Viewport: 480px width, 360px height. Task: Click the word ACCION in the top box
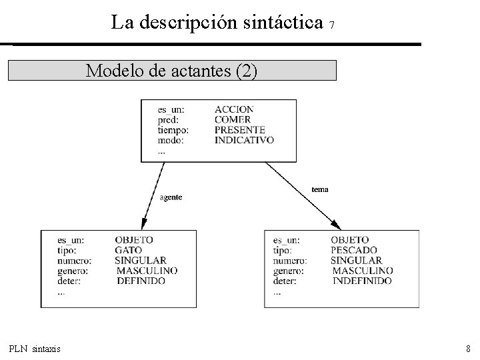pos(234,109)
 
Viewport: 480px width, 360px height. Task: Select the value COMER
pos(233,120)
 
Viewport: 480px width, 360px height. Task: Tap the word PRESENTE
pos(240,130)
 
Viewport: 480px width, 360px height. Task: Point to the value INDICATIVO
pos(244,141)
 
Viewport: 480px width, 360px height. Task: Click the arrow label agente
pos(171,197)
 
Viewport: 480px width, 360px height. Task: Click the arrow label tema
pos(320,190)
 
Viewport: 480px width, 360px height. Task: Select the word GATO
pos(129,250)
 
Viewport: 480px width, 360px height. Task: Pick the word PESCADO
pos(353,250)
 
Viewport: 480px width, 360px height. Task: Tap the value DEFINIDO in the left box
pos(141,281)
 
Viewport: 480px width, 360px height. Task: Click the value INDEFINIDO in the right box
pos(362,281)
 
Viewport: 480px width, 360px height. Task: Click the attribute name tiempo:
pos(173,130)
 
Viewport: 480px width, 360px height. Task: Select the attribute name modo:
pos(170,141)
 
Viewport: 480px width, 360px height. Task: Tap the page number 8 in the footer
pos(468,349)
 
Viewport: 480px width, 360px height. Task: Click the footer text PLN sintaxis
pos(35,349)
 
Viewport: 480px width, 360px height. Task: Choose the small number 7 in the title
pos(331,26)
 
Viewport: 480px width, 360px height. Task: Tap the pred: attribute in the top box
pos(168,120)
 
